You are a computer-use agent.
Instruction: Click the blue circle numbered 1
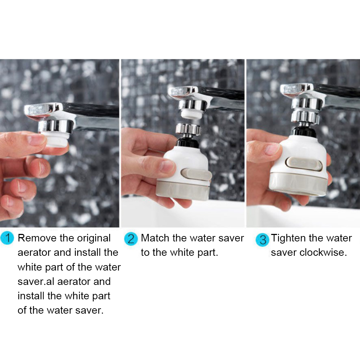[x=7, y=238]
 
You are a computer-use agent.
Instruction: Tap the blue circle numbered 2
[x=131, y=239]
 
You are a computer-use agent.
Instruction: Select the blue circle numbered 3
[x=262, y=240]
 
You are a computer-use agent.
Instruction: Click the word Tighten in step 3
[x=289, y=238]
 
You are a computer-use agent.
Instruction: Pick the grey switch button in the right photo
[x=304, y=164]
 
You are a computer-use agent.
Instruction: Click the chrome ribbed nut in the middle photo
[x=188, y=129]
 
